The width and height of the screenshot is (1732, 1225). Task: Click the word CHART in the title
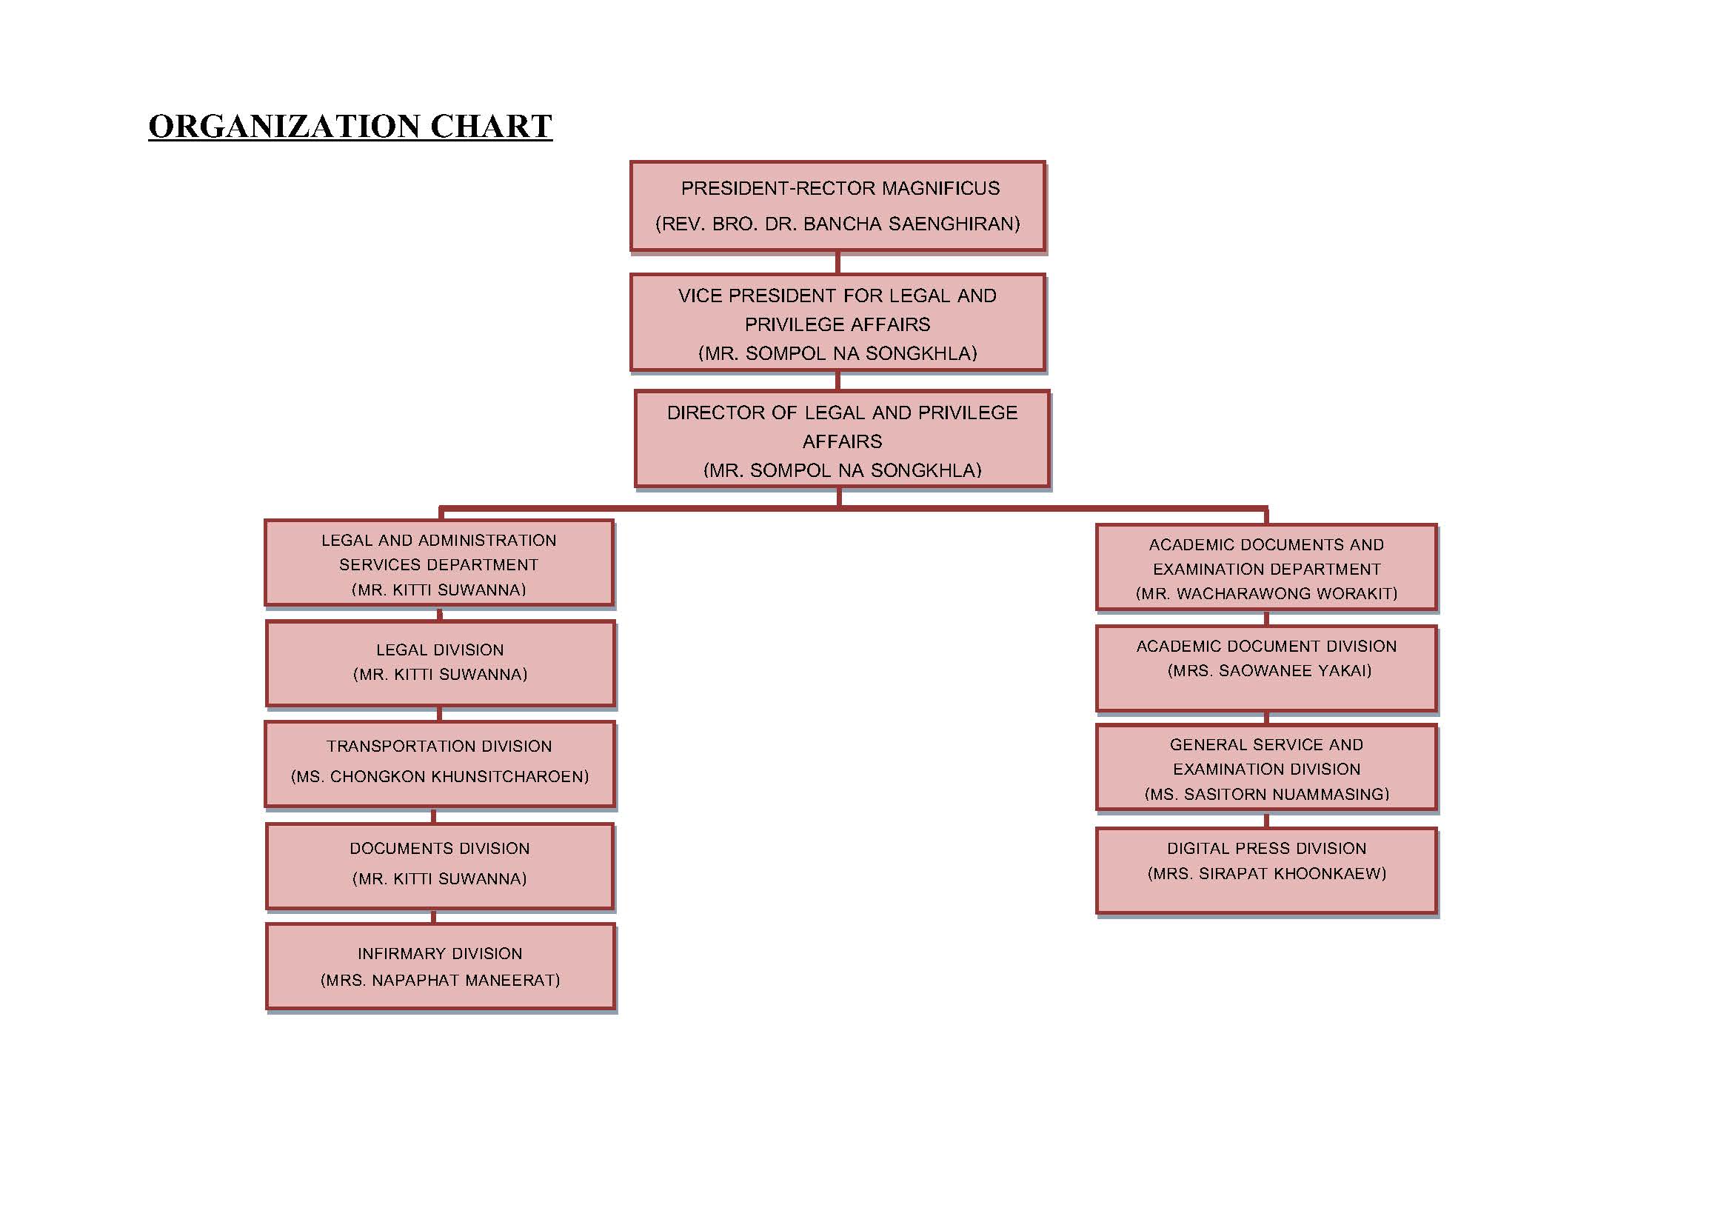(491, 126)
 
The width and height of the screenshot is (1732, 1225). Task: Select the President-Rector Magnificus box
(837, 205)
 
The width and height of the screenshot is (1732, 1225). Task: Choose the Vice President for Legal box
(837, 323)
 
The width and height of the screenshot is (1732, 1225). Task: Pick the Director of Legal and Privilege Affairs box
(842, 439)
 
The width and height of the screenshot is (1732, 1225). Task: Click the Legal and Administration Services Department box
(439, 563)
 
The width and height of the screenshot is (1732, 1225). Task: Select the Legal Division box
(441, 664)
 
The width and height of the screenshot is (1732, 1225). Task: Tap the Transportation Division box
(440, 764)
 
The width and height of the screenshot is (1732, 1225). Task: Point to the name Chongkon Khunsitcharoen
(457, 776)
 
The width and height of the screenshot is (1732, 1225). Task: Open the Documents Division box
(440, 866)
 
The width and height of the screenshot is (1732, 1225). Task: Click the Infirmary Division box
(441, 967)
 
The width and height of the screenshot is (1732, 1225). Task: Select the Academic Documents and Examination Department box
(1266, 567)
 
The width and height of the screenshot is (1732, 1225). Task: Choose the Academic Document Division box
(1266, 668)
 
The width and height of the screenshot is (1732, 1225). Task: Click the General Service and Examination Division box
(1266, 768)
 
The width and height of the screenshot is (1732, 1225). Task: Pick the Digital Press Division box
(1266, 871)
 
